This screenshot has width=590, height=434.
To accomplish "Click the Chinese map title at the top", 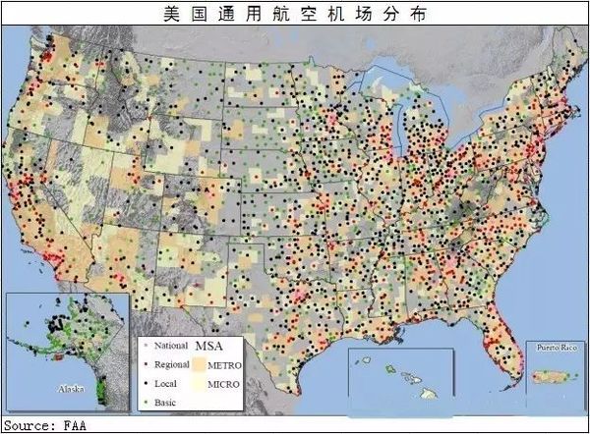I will [294, 12].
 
